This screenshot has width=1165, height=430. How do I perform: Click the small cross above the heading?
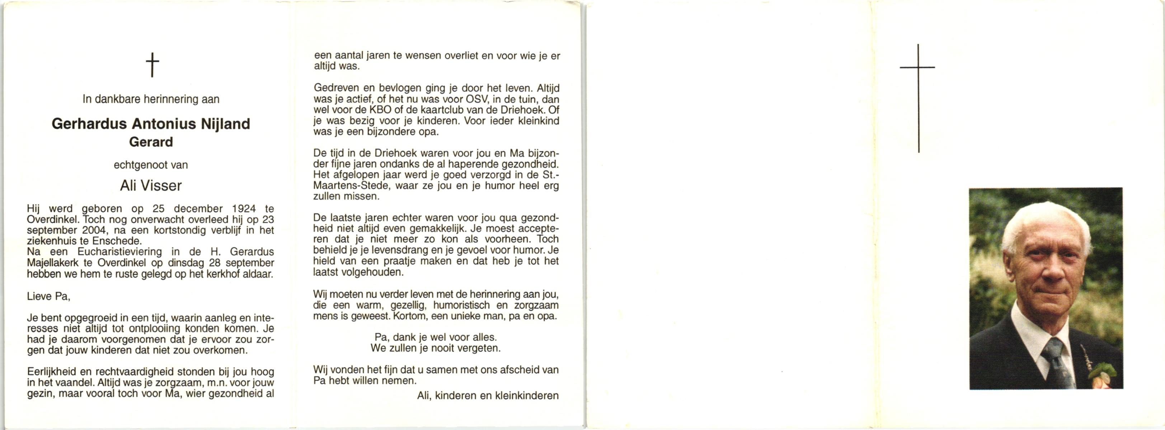pyautogui.click(x=152, y=64)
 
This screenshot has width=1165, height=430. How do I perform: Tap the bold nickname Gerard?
pyautogui.click(x=151, y=142)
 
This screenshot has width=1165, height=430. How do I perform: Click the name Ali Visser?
pyautogui.click(x=151, y=185)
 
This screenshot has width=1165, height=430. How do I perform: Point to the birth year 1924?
pyautogui.click(x=243, y=209)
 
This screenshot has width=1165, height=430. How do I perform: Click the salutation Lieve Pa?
pyautogui.click(x=48, y=296)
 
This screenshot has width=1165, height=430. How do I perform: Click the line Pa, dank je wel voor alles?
pyautogui.click(x=436, y=337)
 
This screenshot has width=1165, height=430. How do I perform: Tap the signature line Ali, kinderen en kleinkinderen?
pyautogui.click(x=488, y=396)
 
